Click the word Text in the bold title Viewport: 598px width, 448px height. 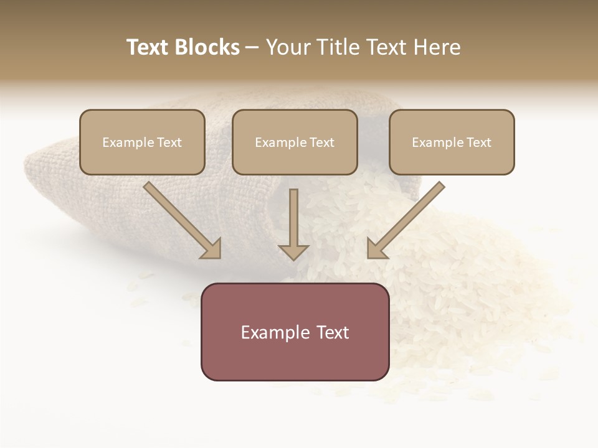point(147,47)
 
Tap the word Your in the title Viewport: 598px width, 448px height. point(290,47)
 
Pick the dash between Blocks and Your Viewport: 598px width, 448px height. point(252,48)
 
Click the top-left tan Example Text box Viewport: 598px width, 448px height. point(142,142)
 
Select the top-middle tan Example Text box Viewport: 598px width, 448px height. point(295,142)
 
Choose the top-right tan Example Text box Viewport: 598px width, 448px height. point(452,142)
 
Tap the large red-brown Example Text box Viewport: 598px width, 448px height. point(295,332)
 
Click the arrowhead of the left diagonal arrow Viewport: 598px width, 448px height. point(212,249)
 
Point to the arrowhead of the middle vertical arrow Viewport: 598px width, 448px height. point(293,252)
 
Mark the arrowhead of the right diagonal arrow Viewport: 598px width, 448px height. point(376,249)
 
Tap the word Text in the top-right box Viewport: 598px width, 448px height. point(478,142)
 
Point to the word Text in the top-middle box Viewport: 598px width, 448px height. point(321,142)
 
